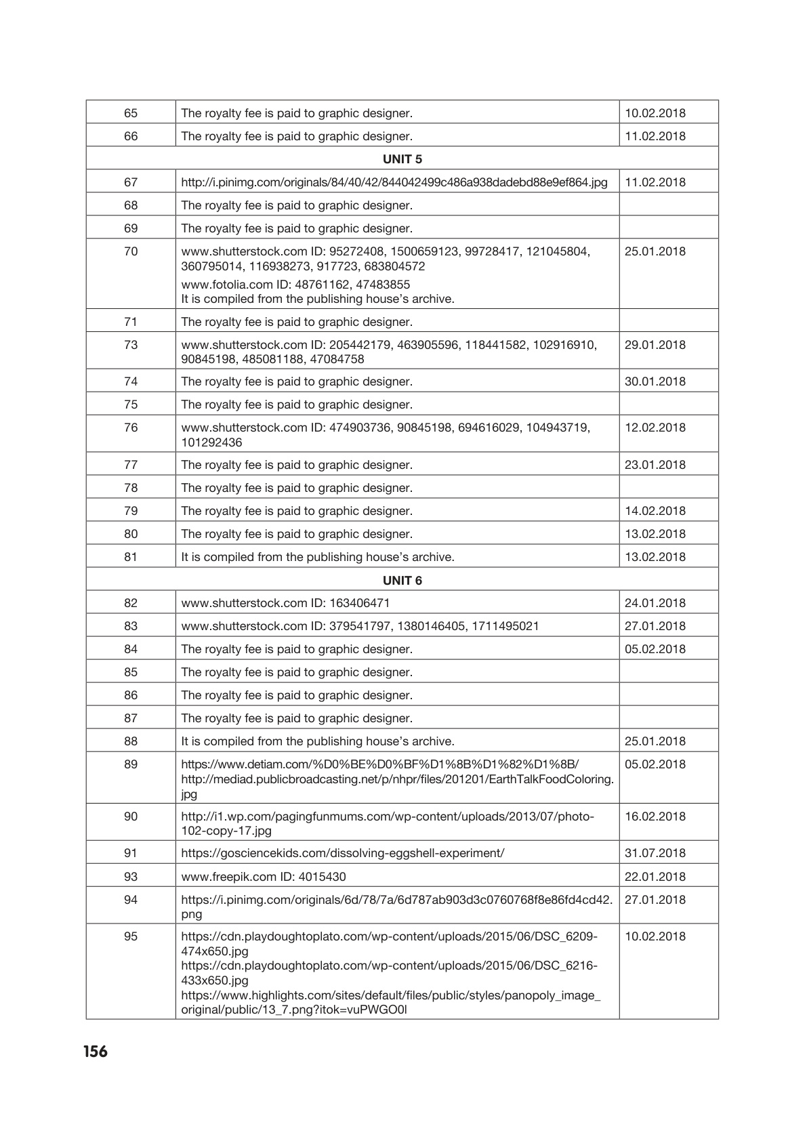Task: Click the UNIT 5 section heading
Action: pyautogui.click(x=402, y=159)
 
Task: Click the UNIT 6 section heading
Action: pyautogui.click(x=402, y=580)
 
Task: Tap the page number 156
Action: pyautogui.click(x=96, y=1052)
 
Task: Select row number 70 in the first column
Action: pyautogui.click(x=131, y=251)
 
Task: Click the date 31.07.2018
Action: pyautogui.click(x=655, y=853)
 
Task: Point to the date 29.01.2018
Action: pyautogui.click(x=655, y=345)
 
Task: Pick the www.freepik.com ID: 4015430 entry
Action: pyautogui.click(x=264, y=877)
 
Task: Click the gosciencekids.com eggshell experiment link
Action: pyautogui.click(x=343, y=853)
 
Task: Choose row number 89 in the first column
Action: pyautogui.click(x=131, y=764)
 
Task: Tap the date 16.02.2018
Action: pyautogui.click(x=655, y=816)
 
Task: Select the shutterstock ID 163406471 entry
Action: pyautogui.click(x=285, y=603)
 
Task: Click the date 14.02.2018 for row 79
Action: pyautogui.click(x=655, y=511)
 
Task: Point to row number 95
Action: pyautogui.click(x=131, y=936)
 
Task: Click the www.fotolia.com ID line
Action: pyautogui.click(x=295, y=284)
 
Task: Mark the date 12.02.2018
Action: pyautogui.click(x=655, y=428)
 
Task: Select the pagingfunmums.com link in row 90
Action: pyautogui.click(x=388, y=823)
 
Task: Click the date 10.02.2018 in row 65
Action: pyautogui.click(x=655, y=113)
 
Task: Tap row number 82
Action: pyautogui.click(x=131, y=603)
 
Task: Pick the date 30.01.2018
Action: pyautogui.click(x=655, y=381)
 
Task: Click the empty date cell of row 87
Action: pyautogui.click(x=668, y=718)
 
